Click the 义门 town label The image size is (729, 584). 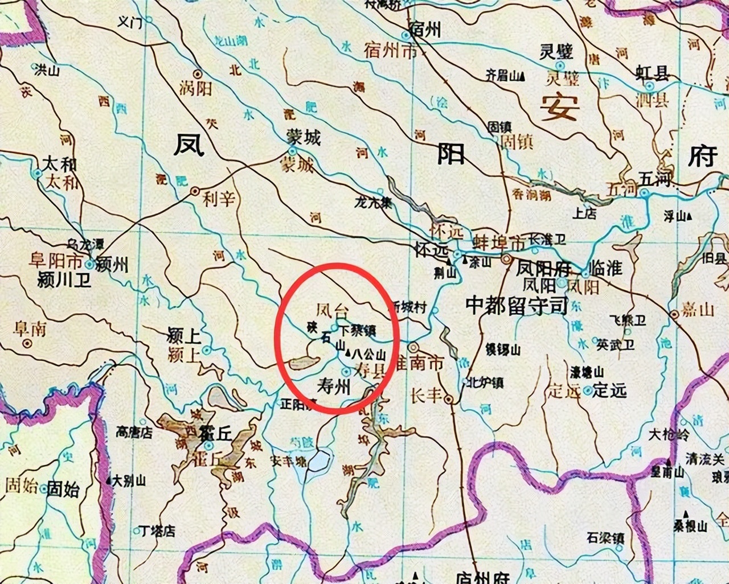tap(129, 22)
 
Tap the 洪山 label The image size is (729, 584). tap(47, 71)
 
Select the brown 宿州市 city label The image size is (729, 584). tap(390, 51)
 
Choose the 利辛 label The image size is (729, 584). tap(219, 199)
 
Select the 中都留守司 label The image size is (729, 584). tap(517, 306)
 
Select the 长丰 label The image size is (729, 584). tap(427, 394)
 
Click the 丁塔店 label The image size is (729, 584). tap(158, 531)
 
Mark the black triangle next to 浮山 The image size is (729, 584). tap(690, 216)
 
